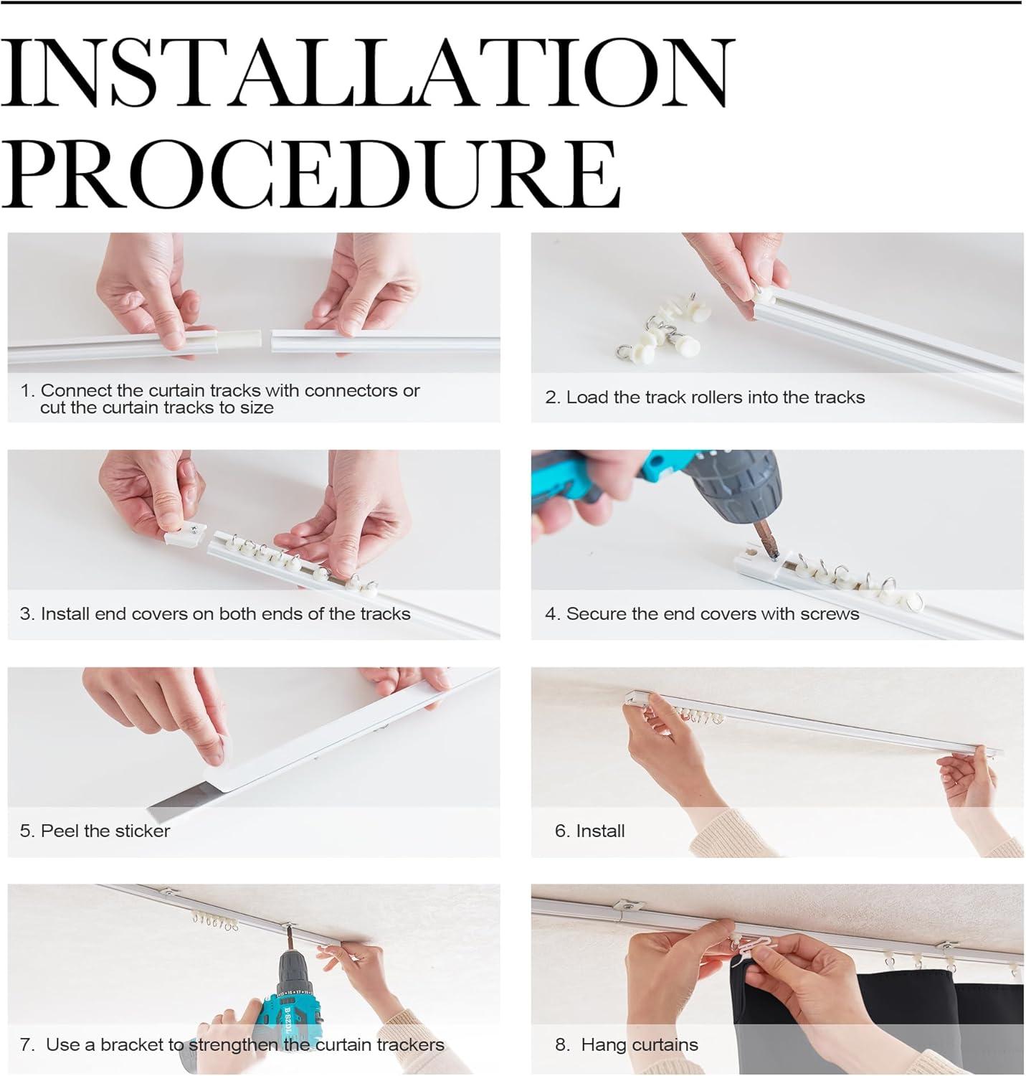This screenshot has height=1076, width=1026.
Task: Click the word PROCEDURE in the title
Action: [310, 174]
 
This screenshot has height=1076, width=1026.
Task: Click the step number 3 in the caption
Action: [27, 613]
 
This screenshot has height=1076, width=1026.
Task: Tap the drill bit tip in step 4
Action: [776, 557]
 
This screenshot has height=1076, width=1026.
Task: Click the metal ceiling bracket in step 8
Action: [627, 906]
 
